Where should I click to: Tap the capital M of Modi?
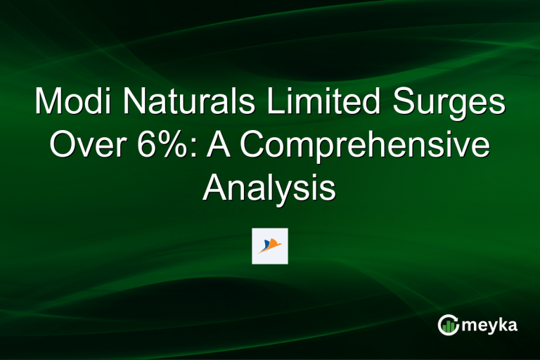49,103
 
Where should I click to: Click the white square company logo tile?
270,246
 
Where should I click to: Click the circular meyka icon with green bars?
448,325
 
